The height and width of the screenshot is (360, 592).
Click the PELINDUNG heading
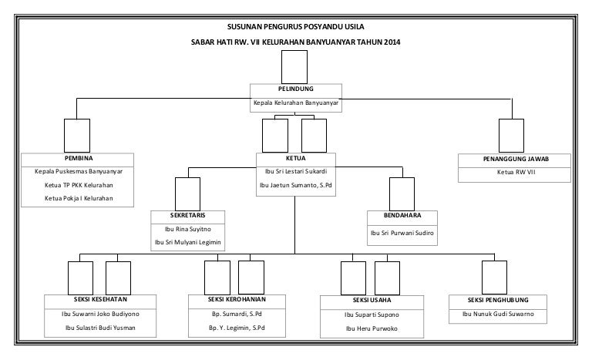pos(296,89)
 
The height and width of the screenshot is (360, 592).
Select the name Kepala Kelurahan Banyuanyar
pos(296,103)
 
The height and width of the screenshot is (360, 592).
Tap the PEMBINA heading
pos(79,158)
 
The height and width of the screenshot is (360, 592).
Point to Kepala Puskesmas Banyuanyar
pos(79,172)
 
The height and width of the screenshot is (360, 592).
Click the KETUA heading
pos(296,157)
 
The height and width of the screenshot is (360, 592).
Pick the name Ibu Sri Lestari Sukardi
pos(296,171)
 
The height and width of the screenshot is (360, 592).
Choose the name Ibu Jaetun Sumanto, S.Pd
pos(296,186)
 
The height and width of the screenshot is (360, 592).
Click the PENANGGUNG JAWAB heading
pos(514,159)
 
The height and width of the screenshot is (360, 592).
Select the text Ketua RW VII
pos(514,173)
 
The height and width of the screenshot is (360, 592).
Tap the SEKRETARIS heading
pos(187,215)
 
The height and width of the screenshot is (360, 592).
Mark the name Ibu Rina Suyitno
pos(187,229)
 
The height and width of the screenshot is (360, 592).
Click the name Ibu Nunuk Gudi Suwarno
pos(498,315)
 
